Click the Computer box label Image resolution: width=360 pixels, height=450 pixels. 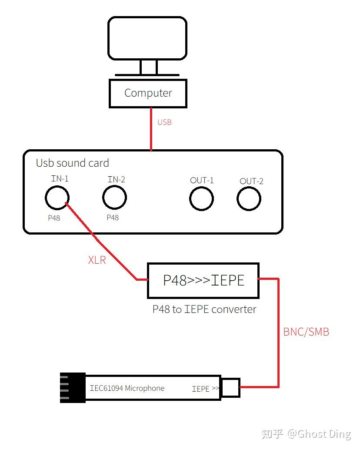tap(148, 93)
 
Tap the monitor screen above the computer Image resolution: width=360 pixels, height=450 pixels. tap(147, 38)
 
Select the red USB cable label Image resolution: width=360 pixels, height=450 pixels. tap(164, 122)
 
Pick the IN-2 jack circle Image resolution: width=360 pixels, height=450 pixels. tap(114, 197)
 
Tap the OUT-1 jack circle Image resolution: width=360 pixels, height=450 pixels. tap(201, 198)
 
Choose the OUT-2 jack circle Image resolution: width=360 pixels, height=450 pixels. tap(249, 199)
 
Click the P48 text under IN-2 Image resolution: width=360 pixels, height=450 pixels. tap(113, 218)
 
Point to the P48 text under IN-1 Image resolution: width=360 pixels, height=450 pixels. tap(54, 218)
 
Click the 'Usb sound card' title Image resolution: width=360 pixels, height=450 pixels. tap(72, 163)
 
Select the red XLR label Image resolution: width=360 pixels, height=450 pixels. tap(97, 260)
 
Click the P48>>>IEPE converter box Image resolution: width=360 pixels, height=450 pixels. tap(203, 280)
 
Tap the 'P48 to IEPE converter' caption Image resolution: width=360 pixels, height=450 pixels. tap(204, 309)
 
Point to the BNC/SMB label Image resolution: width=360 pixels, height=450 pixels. tap(306, 332)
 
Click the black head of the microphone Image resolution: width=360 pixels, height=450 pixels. tap(72, 388)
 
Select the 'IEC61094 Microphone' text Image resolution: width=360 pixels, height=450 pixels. tap(127, 388)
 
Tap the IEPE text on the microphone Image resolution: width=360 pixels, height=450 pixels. tap(200, 389)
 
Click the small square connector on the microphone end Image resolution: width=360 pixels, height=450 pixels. tap(230, 387)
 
